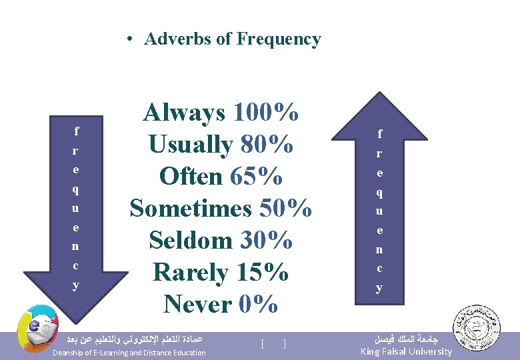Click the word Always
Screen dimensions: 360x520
pos(185,113)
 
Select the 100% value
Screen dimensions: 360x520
pos(266,113)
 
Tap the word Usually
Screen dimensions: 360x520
pos(190,145)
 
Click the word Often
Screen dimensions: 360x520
pos(191,177)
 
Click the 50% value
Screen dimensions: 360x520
pos(285,208)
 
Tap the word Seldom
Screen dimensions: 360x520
pos(189,240)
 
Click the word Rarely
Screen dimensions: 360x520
pos(190,272)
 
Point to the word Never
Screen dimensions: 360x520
pos(198,304)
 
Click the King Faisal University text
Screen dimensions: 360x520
pos(405,351)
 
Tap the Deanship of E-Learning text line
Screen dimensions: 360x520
pos(129,353)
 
